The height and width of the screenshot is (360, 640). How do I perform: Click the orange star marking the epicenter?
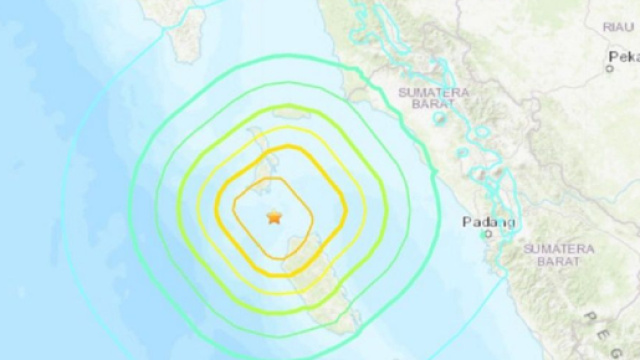pos(273,216)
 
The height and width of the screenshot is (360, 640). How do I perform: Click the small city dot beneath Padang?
pos(487,234)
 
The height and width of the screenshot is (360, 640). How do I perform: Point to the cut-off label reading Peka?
pos(624,57)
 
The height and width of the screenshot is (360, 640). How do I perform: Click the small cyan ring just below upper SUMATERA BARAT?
pos(439,120)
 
